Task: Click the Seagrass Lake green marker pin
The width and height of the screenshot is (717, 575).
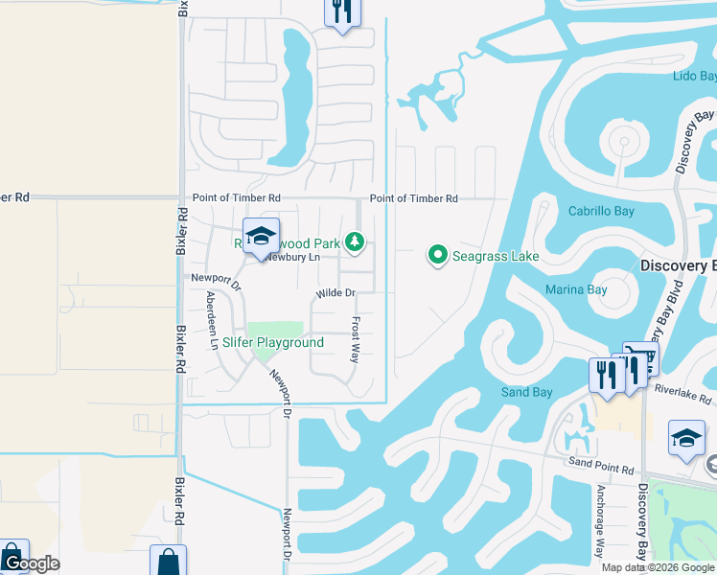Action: point(438,255)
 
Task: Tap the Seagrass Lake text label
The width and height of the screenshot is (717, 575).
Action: point(494,256)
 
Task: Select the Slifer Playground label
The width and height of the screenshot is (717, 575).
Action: point(273,342)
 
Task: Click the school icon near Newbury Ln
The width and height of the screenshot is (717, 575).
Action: point(260,237)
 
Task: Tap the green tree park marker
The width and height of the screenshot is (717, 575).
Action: point(356,241)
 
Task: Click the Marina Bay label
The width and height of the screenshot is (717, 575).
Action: point(577,288)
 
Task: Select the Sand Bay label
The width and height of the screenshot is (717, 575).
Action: point(527,392)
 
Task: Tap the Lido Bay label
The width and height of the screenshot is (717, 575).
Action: point(694,76)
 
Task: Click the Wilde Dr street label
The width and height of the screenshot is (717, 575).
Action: point(335,293)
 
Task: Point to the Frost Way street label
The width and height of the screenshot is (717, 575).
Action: point(355,339)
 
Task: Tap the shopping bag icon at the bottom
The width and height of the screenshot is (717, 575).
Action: point(168,562)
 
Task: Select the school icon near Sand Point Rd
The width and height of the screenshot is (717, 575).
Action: point(686,438)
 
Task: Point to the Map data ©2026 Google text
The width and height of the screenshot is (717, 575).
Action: point(658,567)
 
